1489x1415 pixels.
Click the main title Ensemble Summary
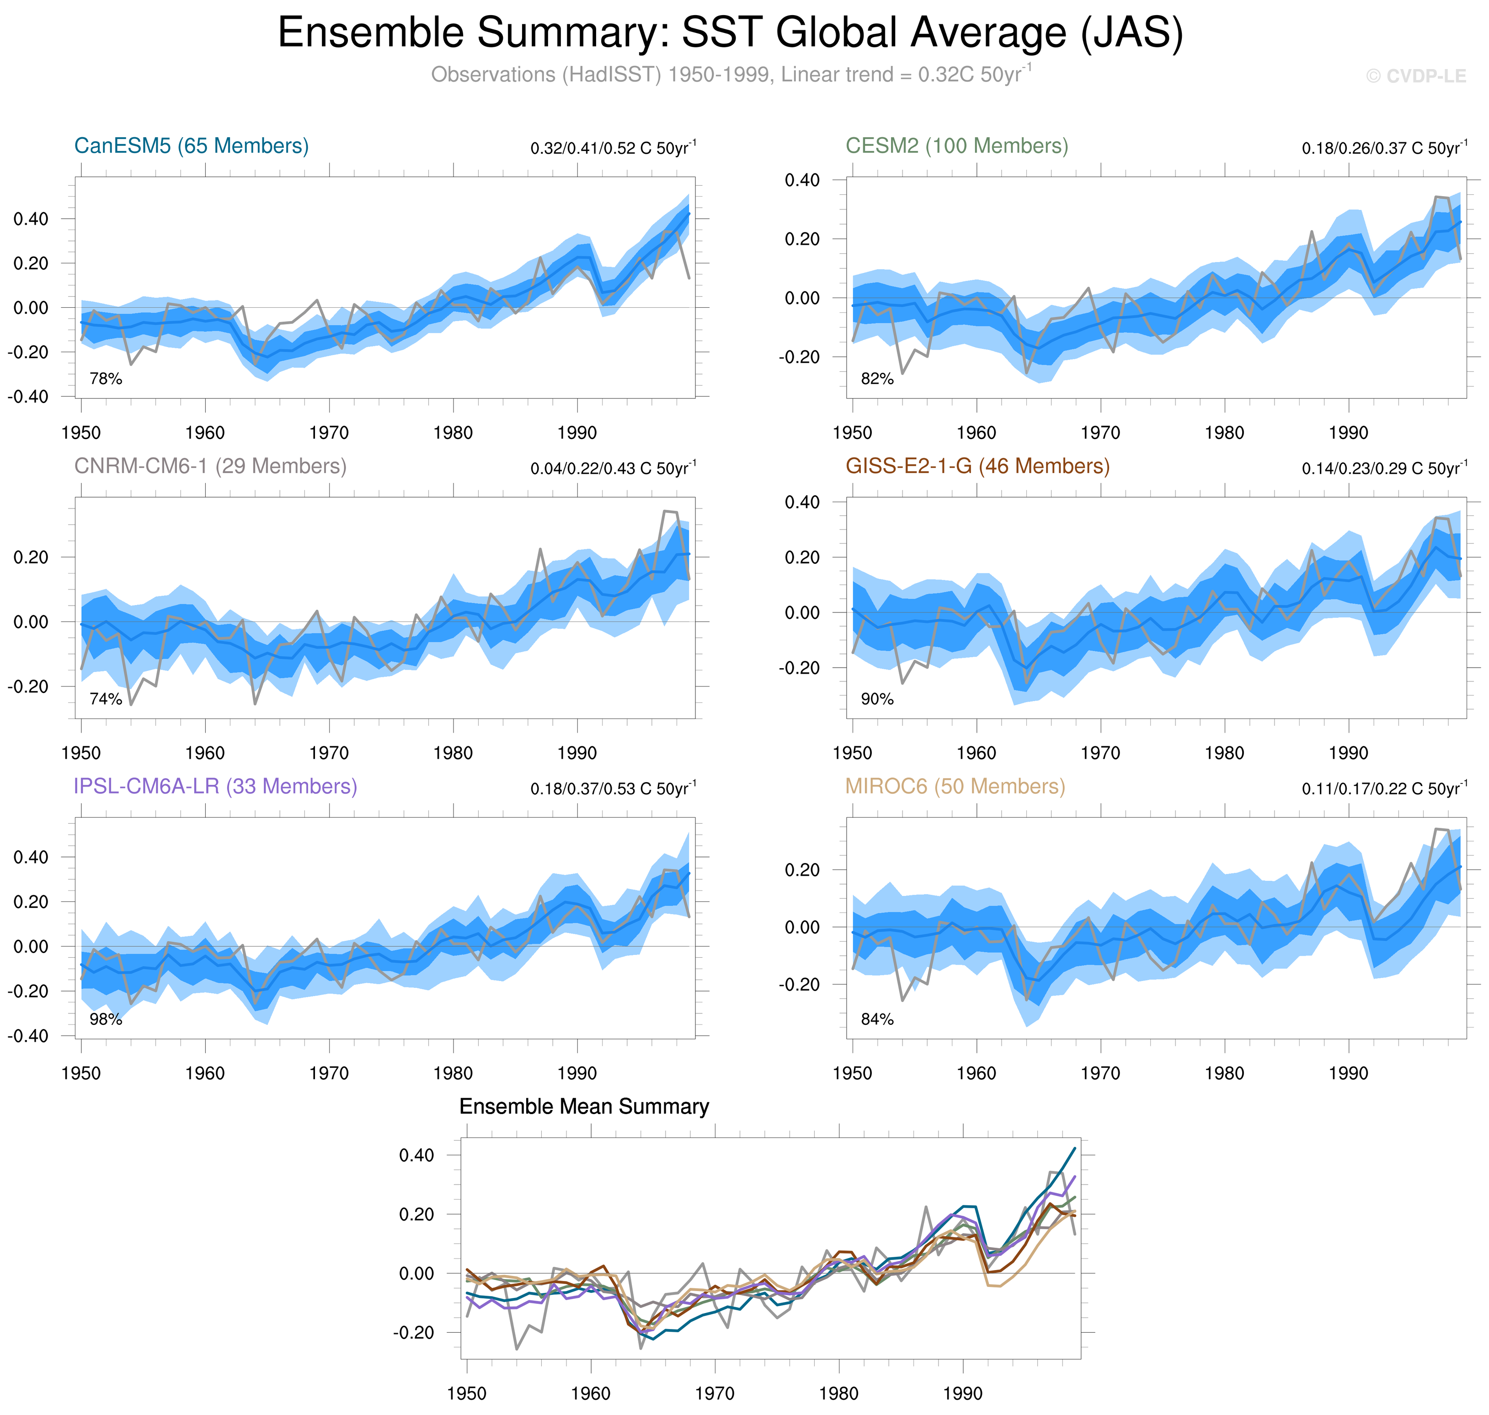tap(730, 33)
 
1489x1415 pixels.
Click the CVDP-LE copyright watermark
tap(1416, 76)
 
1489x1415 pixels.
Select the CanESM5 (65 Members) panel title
tap(192, 145)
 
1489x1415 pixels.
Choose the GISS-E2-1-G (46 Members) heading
tap(977, 466)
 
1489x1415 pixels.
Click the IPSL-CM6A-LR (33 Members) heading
tap(215, 786)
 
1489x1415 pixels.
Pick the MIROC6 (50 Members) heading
tap(955, 786)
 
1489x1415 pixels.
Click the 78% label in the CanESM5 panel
tap(106, 379)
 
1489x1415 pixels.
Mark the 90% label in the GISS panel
tap(877, 699)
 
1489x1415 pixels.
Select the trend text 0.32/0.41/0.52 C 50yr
tap(613, 148)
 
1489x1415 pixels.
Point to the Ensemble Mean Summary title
tap(584, 1106)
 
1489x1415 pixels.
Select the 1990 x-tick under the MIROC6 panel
tap(1348, 1073)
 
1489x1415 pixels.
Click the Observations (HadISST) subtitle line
tap(730, 75)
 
